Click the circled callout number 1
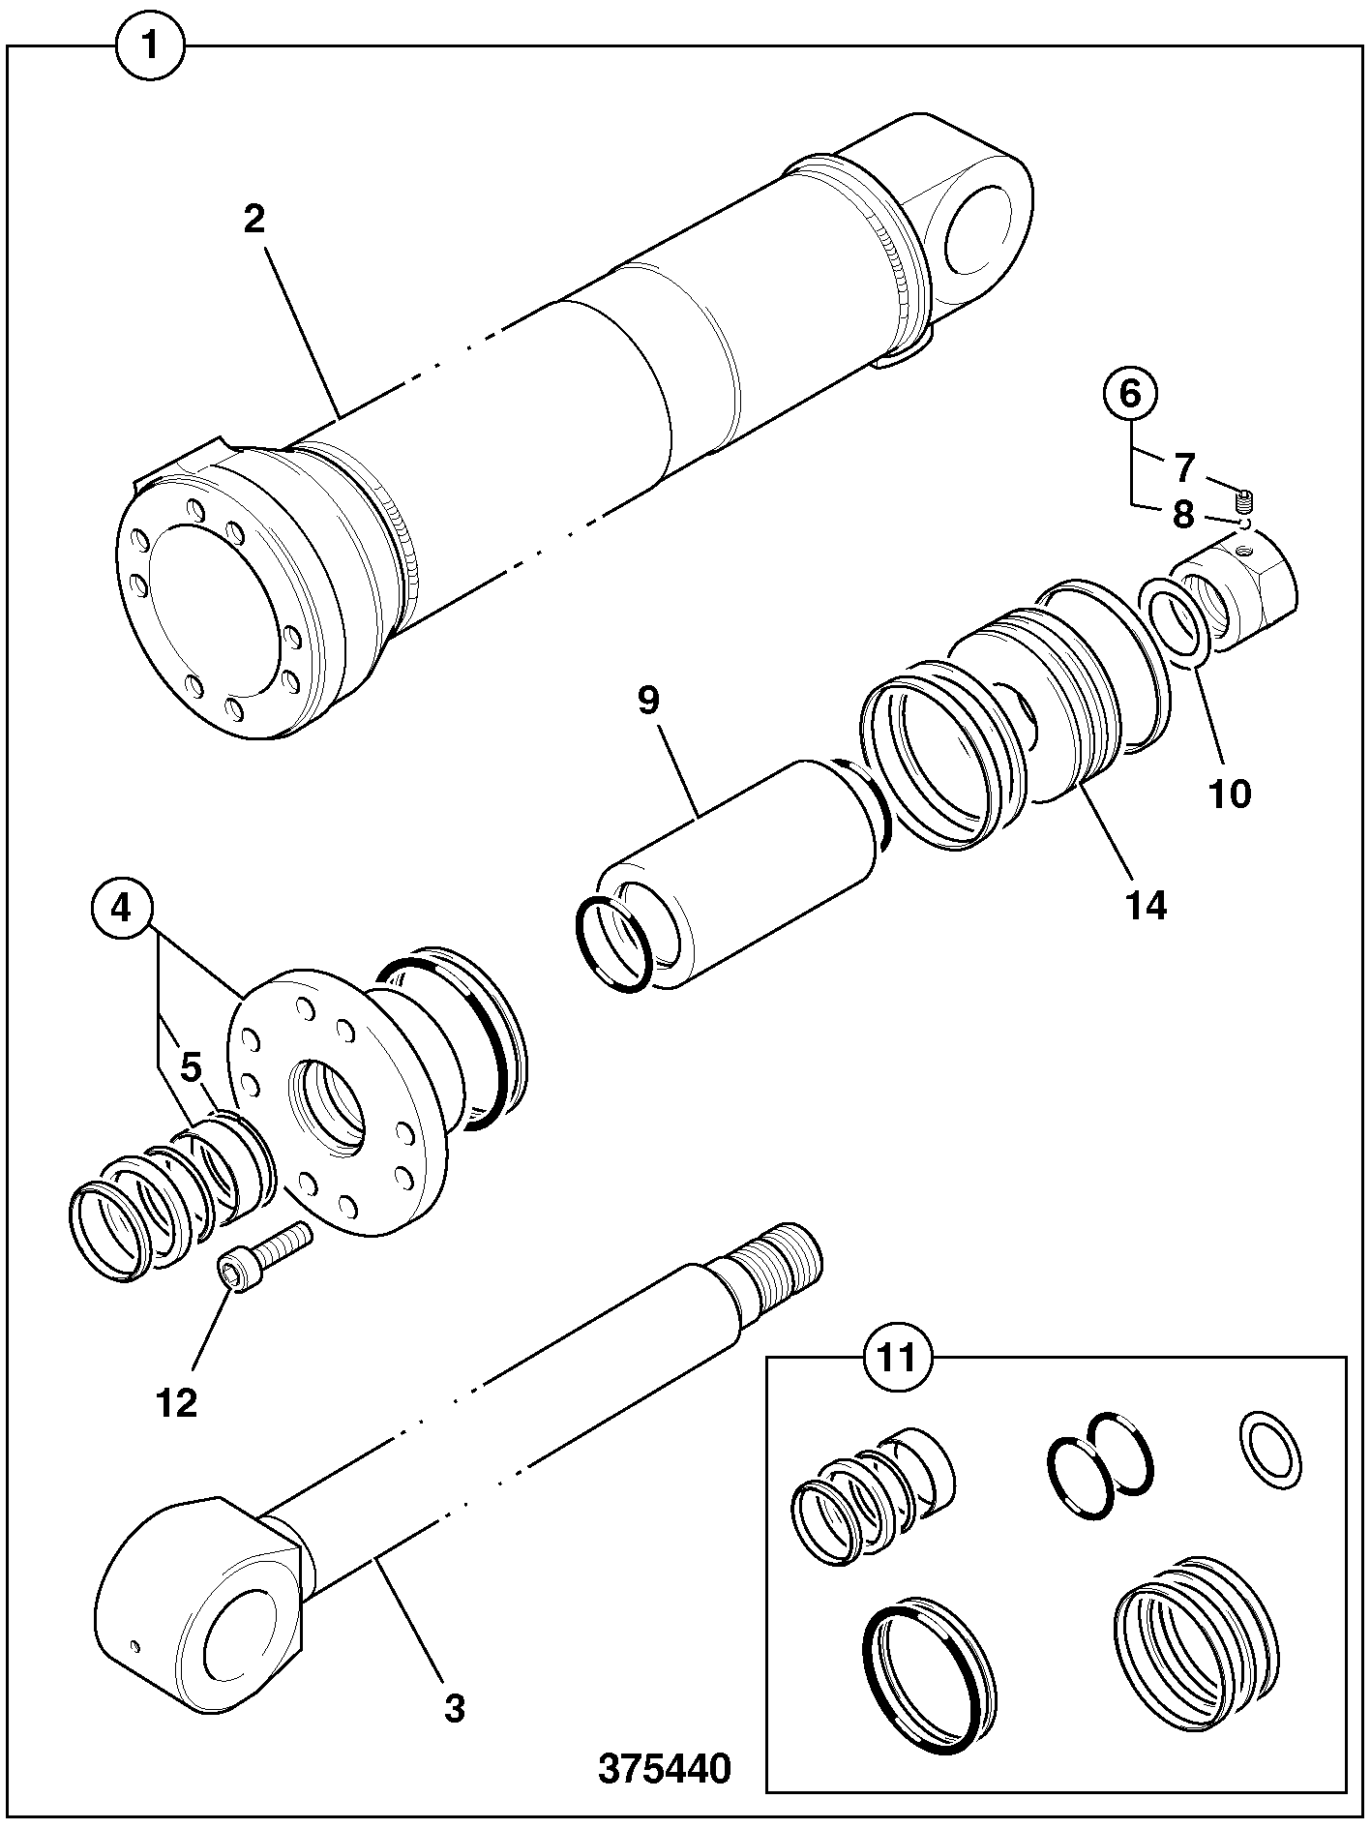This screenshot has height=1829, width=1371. click(x=150, y=46)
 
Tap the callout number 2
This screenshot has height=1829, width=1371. click(x=253, y=220)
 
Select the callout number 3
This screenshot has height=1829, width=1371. click(x=455, y=1708)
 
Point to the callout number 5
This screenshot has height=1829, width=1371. click(x=192, y=1067)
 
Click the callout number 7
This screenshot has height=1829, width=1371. click(x=1184, y=467)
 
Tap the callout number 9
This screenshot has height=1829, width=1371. click(x=647, y=700)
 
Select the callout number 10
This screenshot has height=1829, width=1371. click(x=1229, y=795)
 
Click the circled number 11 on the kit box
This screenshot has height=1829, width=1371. click(x=894, y=1357)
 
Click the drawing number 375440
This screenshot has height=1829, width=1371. click(x=665, y=1768)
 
